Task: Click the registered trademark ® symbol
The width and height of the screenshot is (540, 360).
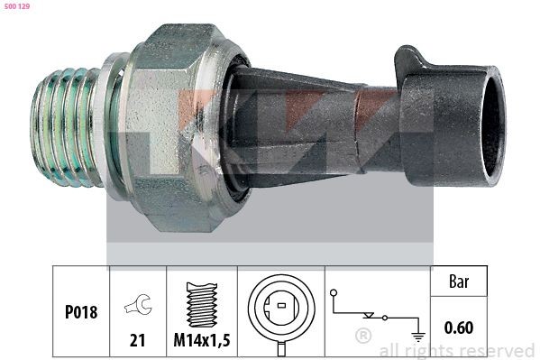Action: [363, 337]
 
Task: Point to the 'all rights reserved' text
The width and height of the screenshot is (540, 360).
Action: [456, 350]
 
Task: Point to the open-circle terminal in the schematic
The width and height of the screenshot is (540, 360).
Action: [334, 293]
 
